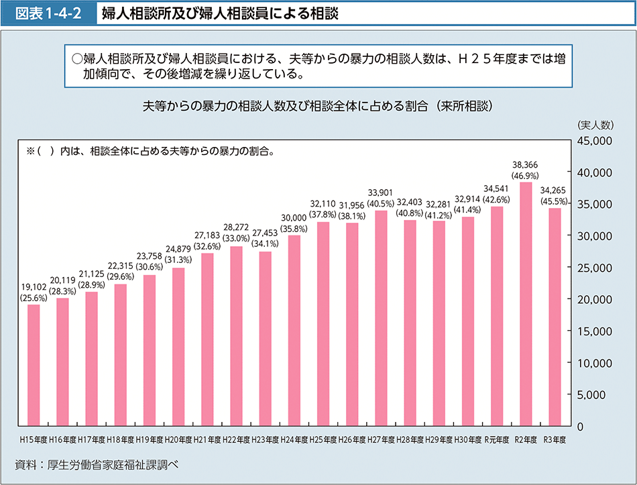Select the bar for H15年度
point(34,366)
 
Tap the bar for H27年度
point(381,319)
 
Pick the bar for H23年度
point(265,339)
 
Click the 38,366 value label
point(525,164)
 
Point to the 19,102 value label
point(33,286)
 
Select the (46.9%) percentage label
point(525,176)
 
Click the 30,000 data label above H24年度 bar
point(294,217)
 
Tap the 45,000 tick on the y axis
point(592,141)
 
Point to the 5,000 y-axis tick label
point(595,394)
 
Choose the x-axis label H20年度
point(178,440)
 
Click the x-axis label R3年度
point(555,440)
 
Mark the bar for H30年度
point(468,321)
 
